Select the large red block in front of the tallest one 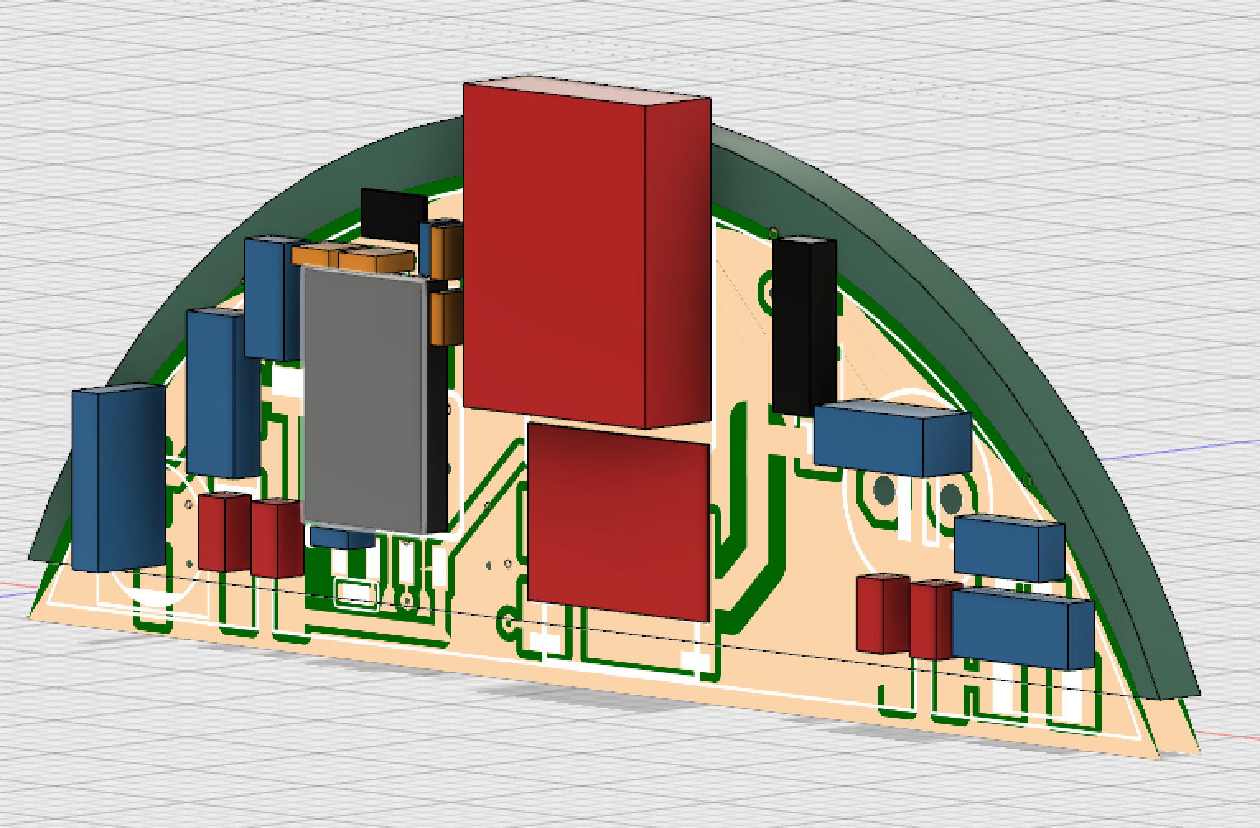tap(618, 519)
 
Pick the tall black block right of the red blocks tap(803, 325)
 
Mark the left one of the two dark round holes tap(884, 492)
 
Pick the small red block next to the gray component tap(277, 538)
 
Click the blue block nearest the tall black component tap(889, 436)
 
